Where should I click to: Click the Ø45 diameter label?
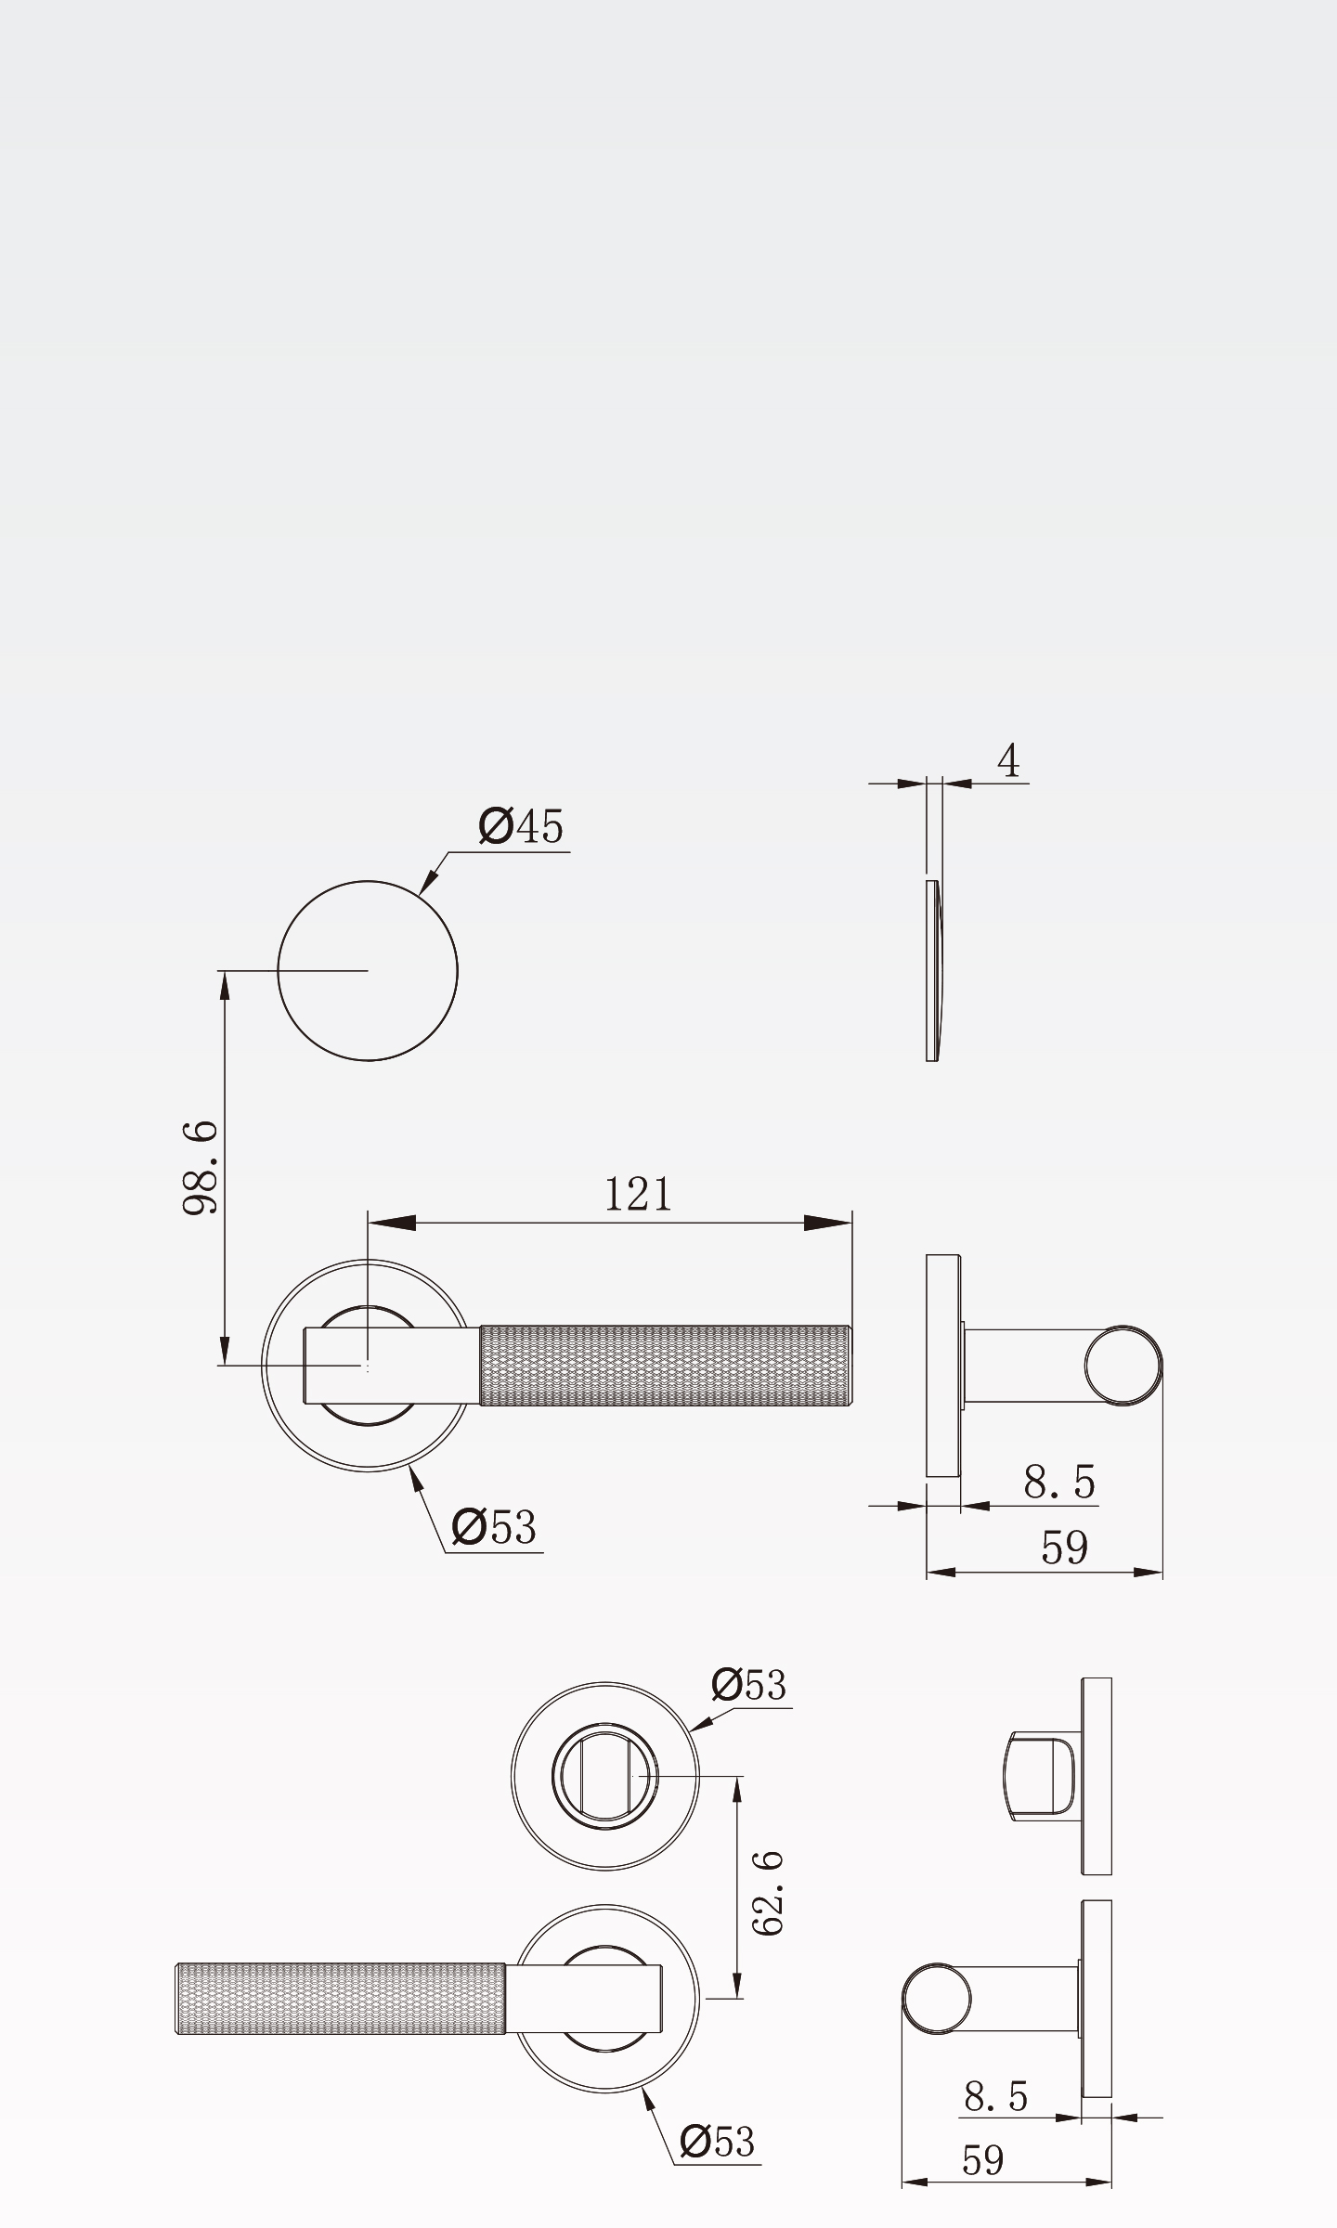point(521,826)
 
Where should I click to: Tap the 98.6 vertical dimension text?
point(201,1167)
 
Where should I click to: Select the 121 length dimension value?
point(638,1194)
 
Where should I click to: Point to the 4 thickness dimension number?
point(1008,760)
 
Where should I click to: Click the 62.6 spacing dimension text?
point(768,1893)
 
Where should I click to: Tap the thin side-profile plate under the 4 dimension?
point(932,971)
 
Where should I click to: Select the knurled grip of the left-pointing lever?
point(341,1999)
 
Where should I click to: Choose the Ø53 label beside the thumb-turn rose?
point(749,1685)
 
